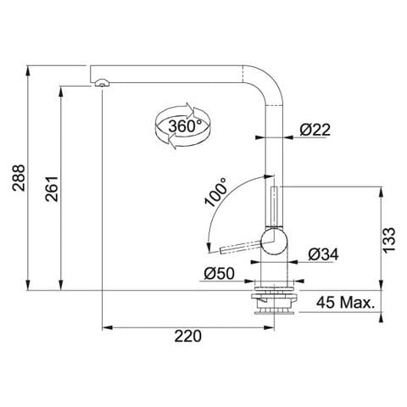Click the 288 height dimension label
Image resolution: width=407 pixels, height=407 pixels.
pos(19,178)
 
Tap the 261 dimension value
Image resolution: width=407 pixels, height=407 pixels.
pos(52,189)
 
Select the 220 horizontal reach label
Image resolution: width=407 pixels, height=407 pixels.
pos(188,337)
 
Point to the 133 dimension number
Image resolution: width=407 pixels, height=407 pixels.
pos(388,240)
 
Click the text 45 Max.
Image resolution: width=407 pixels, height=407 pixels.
pos(345,303)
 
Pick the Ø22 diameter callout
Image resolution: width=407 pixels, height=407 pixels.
pos(315,130)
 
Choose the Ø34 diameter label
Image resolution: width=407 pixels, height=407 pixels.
pos(323,254)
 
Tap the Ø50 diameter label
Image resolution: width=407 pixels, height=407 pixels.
pos(219,273)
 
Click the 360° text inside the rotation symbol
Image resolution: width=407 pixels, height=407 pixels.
pos(185,126)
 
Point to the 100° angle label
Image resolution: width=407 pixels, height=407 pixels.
pos(216,192)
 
